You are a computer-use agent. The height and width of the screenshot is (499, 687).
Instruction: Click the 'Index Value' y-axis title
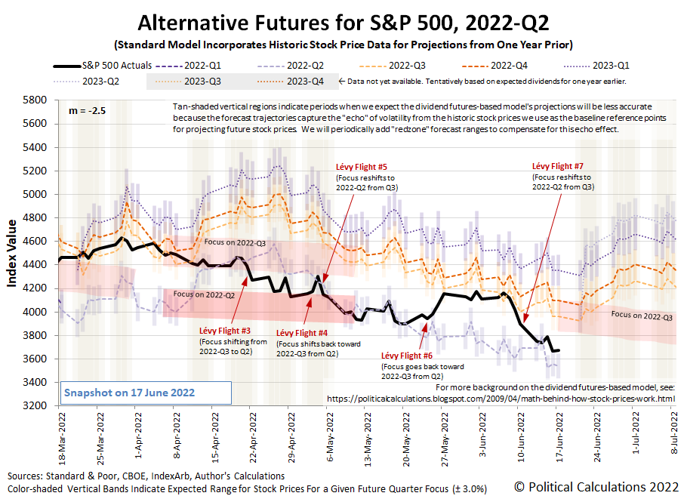click(x=14, y=254)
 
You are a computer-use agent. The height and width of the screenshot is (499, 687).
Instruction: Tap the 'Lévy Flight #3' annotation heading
click(x=224, y=331)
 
